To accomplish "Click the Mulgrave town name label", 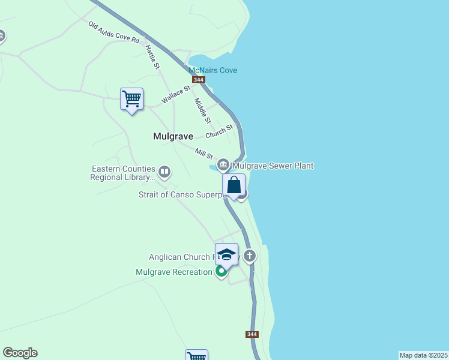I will tap(173, 136).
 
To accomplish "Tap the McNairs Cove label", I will tap(213, 70).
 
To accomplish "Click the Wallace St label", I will tap(175, 95).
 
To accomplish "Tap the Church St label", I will tap(219, 131).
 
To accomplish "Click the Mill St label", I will tap(204, 153).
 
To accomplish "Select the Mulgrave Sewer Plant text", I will tap(273, 166).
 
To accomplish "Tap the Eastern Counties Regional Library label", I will tap(123, 173).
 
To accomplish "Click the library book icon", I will tap(164, 173).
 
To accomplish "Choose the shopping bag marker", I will tap(234, 185).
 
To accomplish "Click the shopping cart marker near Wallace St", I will tap(131, 99).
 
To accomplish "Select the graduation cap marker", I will tap(226, 254).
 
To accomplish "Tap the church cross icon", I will tap(249, 256).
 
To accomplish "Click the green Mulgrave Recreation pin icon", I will tap(221, 272).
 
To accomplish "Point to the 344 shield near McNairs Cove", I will tap(199, 80).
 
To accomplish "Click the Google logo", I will tap(20, 353).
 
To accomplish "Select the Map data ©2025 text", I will tap(423, 355).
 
